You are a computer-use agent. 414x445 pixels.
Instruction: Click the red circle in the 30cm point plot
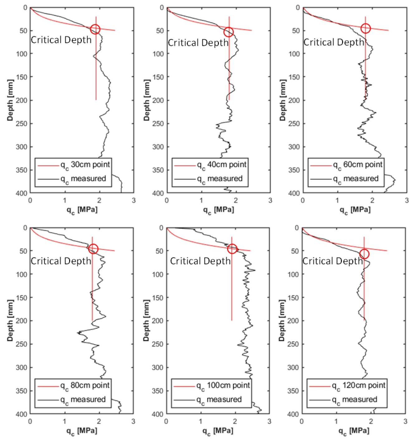95,29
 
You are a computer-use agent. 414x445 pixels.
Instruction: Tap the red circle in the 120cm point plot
364,254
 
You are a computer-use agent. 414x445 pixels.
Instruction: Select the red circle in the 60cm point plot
365,28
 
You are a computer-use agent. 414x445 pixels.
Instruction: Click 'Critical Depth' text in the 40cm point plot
198,43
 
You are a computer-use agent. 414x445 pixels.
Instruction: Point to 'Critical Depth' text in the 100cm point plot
200,261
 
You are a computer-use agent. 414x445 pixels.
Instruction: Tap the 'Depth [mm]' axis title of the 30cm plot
11,100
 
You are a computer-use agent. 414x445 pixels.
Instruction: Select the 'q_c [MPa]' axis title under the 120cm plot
354,431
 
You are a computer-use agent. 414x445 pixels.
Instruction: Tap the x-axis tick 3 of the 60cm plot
407,200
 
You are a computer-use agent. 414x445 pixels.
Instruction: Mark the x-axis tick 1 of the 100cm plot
201,421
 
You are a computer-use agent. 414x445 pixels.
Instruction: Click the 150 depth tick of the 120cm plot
294,298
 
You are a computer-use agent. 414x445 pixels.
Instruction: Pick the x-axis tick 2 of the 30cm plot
99,200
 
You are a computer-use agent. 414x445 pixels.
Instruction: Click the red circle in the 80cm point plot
93,249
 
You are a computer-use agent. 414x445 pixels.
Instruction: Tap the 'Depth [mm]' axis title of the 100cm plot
147,321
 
